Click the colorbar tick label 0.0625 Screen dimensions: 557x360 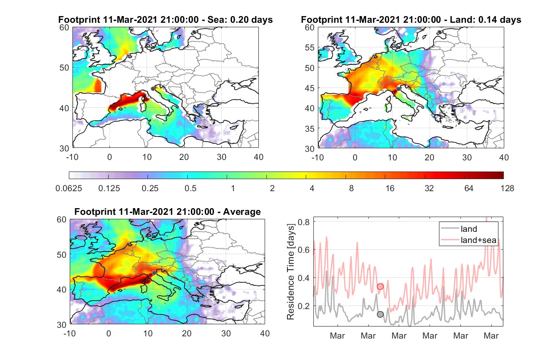pos(69,188)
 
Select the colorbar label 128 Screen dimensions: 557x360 pos(507,188)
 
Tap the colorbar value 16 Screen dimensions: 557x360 pos(390,188)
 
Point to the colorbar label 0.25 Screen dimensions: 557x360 pos(150,188)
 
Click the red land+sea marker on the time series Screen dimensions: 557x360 pos(380,286)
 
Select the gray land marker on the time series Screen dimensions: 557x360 pos(380,314)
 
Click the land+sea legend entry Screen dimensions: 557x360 pos(468,240)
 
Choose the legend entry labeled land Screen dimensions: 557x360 pos(459,229)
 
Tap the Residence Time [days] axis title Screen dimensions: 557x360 pos(291,272)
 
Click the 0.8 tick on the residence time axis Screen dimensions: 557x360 pos(304,222)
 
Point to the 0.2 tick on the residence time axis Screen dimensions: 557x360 pos(304,306)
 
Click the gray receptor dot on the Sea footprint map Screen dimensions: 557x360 pos(153,89)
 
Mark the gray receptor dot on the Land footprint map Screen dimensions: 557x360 pos(398,89)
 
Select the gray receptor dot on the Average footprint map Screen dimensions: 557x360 pos(154,273)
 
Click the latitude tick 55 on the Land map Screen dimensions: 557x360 pos(310,47)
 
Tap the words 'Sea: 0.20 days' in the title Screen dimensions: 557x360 pos(240,20)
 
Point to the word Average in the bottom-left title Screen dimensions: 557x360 pos(242,212)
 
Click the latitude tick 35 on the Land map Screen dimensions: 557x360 pos(310,129)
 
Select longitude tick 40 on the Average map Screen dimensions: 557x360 pos(265,333)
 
